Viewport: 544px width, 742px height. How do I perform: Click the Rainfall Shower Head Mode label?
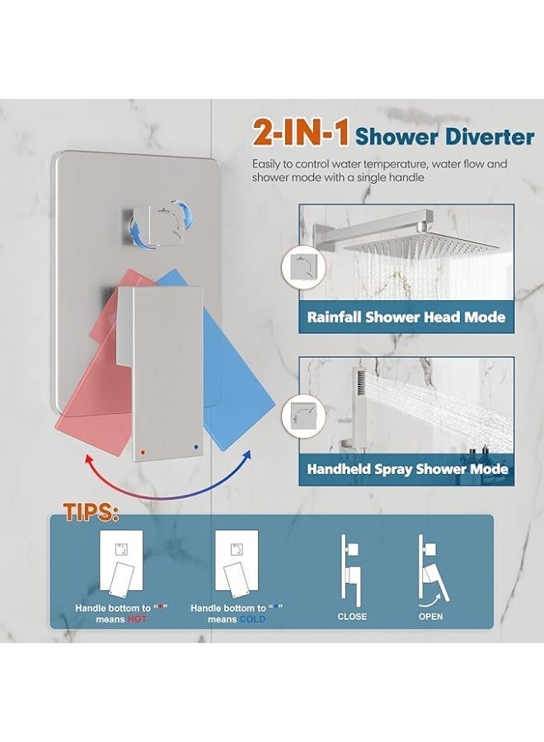click(x=406, y=317)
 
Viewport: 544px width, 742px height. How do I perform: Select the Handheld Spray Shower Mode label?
click(x=406, y=469)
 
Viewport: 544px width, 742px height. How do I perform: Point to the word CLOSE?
click(x=352, y=616)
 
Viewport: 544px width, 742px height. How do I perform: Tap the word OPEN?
click(x=430, y=616)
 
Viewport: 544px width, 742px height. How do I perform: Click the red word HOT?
click(x=138, y=619)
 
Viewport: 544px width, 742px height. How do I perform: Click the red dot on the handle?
click(x=144, y=451)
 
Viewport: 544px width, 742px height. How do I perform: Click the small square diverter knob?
click(x=146, y=218)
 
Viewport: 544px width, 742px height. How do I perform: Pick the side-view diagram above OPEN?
click(x=430, y=566)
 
